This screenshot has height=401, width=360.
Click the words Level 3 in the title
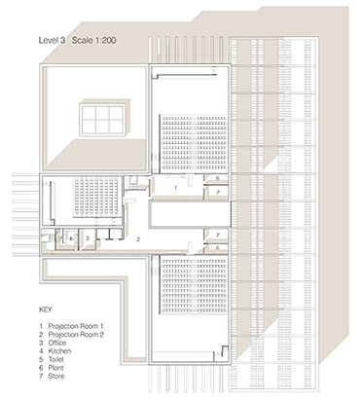(x=53, y=41)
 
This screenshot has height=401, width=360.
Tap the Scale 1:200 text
(x=94, y=41)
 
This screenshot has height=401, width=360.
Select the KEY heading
(x=45, y=310)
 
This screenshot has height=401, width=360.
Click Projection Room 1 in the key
(x=76, y=326)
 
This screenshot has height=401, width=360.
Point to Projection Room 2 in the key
(x=76, y=335)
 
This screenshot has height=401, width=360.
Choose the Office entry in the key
(x=57, y=343)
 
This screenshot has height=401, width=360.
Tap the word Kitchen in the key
(x=59, y=351)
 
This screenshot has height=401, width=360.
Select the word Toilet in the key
(x=56, y=359)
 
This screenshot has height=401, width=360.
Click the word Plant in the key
(x=55, y=368)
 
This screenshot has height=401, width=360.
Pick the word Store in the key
(x=56, y=377)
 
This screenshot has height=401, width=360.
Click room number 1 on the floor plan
(x=176, y=188)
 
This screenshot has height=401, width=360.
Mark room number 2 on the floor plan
(x=138, y=239)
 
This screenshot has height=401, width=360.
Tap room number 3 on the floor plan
(x=88, y=238)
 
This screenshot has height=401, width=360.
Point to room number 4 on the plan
(x=70, y=238)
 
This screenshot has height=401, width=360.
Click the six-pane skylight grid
(x=102, y=120)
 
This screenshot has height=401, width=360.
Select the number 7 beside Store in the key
(x=41, y=377)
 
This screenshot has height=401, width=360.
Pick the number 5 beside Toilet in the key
(x=41, y=359)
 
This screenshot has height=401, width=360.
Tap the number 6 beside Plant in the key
(x=41, y=368)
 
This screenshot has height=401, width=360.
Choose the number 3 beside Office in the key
(x=41, y=343)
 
